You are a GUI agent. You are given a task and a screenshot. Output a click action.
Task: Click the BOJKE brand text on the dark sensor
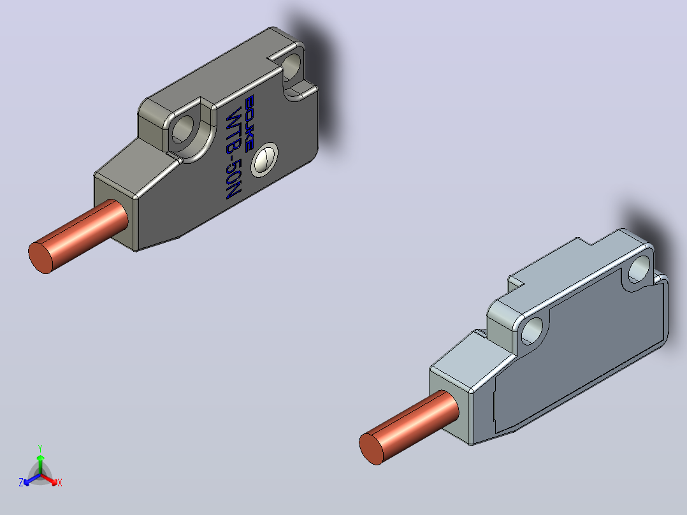pyautogui.click(x=249, y=123)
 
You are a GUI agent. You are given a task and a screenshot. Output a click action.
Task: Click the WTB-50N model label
pyautogui.click(x=233, y=154)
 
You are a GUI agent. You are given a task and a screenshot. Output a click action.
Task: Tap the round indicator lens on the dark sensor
pyautogui.click(x=264, y=160)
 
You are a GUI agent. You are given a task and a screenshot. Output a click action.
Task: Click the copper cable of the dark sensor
pyautogui.click(x=78, y=236)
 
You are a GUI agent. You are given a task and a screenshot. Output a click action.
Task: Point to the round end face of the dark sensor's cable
pyautogui.click(x=40, y=258)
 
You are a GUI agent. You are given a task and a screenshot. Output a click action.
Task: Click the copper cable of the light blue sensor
pyautogui.click(x=409, y=427)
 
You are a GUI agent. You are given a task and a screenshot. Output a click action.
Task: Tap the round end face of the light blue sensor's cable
pyautogui.click(x=371, y=449)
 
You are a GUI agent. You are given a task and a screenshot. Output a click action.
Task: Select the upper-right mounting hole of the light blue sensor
pyautogui.click(x=639, y=269)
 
